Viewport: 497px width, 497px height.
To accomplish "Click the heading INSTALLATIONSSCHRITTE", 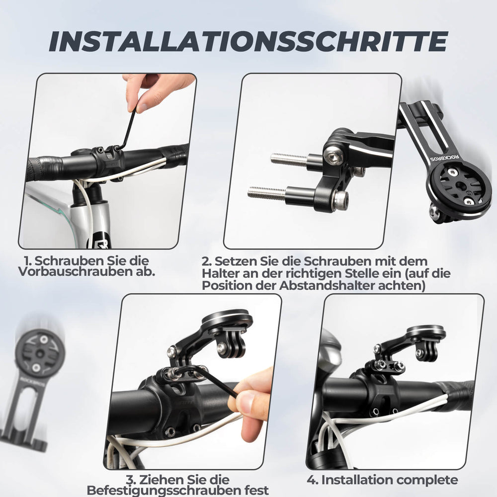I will pyautogui.click(x=248, y=41).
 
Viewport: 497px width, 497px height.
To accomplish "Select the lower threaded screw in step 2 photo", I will pyautogui.click(x=268, y=192).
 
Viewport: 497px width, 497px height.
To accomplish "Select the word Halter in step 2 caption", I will pyautogui.click(x=219, y=273).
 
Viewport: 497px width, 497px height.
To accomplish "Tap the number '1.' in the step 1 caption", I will pyautogui.click(x=29, y=260).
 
